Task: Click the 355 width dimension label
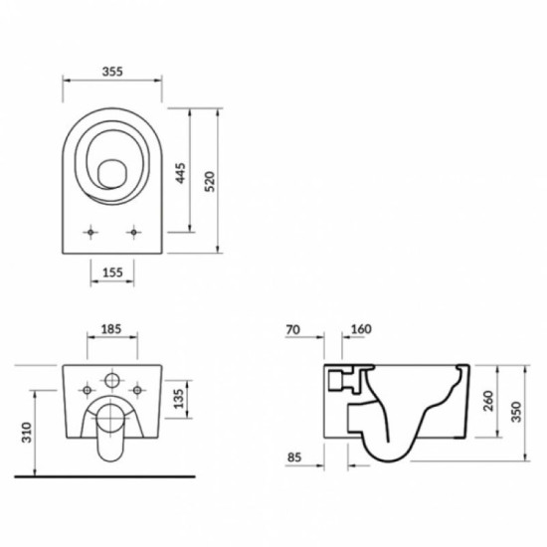click(x=112, y=72)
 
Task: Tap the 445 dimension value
click(x=180, y=173)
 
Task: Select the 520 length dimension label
click(x=209, y=181)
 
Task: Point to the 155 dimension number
click(x=112, y=273)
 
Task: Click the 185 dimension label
click(x=111, y=329)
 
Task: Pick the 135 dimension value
click(x=178, y=399)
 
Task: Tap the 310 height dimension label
click(x=27, y=433)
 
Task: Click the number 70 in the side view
click(x=292, y=329)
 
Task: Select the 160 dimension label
click(x=361, y=329)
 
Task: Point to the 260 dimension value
click(x=488, y=401)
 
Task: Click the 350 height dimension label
click(x=516, y=412)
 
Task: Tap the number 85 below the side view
click(x=293, y=457)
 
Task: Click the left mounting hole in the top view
click(x=91, y=232)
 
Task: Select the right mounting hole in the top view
click(x=133, y=232)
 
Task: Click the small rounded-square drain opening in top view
click(x=112, y=174)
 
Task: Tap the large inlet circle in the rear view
click(x=112, y=381)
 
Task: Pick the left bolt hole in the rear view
click(x=87, y=390)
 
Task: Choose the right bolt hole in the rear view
click(x=137, y=390)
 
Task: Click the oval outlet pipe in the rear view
click(x=110, y=433)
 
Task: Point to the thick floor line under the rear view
click(x=104, y=476)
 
